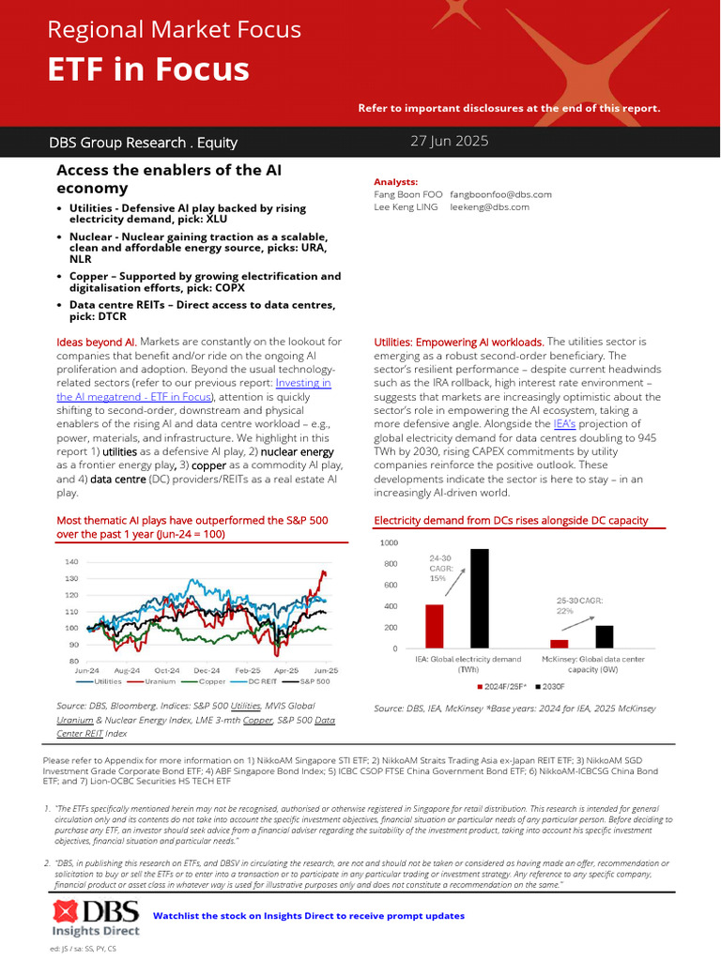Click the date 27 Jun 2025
tap(450, 142)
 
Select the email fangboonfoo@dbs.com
tap(500, 194)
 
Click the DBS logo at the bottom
tap(96, 917)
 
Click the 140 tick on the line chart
tap(71, 561)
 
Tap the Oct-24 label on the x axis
tap(166, 671)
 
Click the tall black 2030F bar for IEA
tap(479, 599)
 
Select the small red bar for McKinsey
tap(559, 644)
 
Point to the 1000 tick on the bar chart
tap(389, 542)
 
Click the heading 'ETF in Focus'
tap(148, 69)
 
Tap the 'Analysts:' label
tap(396, 182)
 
